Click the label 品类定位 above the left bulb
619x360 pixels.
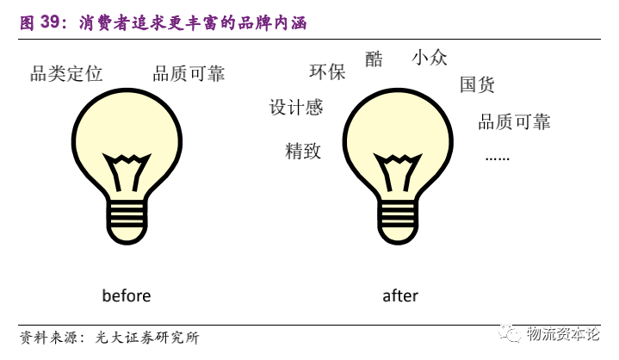[x=66, y=74]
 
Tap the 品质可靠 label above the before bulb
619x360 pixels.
[x=189, y=74]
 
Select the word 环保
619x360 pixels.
[x=327, y=72]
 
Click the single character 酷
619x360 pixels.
[x=374, y=59]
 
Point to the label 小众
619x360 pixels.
[x=430, y=59]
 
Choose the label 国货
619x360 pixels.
[x=477, y=84]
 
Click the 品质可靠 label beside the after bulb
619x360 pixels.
[x=514, y=121]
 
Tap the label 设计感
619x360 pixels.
[x=296, y=108]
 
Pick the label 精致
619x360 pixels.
[x=303, y=152]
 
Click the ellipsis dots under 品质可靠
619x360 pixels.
[x=498, y=158]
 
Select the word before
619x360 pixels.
[x=127, y=296]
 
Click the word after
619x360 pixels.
[x=400, y=296]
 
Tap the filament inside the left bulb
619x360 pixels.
[x=127, y=172]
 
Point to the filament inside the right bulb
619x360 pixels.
[x=398, y=172]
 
